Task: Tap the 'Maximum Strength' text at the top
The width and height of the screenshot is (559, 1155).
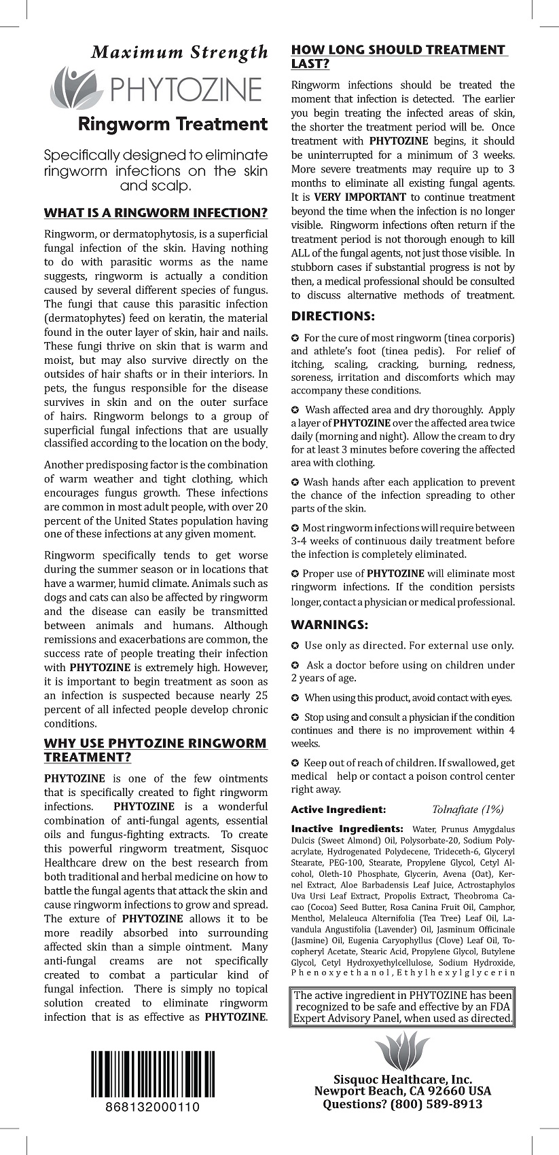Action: (x=180, y=52)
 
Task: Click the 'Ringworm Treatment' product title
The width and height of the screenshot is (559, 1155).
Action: (x=173, y=124)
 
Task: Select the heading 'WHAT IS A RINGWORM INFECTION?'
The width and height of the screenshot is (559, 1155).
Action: (x=156, y=213)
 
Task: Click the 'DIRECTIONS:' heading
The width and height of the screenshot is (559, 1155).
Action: (x=333, y=316)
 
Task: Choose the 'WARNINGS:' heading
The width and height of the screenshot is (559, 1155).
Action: (x=330, y=625)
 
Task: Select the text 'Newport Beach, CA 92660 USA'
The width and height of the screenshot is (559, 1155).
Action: (x=403, y=1092)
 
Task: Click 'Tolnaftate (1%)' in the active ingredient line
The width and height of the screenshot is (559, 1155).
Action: (x=468, y=809)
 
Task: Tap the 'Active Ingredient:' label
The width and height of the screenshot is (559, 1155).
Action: (x=338, y=810)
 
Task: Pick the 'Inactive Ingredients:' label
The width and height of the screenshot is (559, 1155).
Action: (x=347, y=829)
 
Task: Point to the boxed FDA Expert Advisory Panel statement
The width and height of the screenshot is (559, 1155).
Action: (x=403, y=1007)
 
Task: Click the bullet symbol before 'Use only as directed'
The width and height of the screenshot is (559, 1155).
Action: (x=295, y=646)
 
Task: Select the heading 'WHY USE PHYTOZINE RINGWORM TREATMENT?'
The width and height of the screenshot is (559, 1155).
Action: (x=156, y=750)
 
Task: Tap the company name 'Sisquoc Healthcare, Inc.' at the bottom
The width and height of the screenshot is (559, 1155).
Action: (x=403, y=1080)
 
